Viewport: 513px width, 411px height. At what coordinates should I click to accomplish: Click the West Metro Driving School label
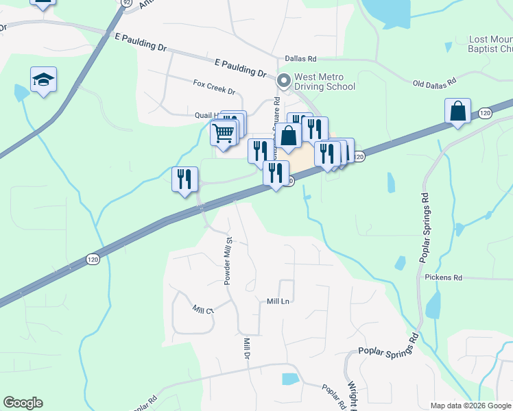tap(324, 82)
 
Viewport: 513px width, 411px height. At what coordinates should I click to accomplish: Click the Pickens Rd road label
tap(443, 277)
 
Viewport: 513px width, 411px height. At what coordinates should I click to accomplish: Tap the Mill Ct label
tap(204, 310)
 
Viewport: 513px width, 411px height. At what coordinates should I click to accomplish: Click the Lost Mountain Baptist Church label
tap(490, 45)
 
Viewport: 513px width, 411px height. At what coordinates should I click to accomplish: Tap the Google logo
tap(23, 403)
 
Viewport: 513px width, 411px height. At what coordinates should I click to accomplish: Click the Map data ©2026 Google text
tap(470, 406)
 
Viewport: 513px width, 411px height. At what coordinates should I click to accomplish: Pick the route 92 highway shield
tap(126, 3)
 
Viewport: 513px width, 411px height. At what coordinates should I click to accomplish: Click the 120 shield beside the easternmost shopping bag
tap(485, 112)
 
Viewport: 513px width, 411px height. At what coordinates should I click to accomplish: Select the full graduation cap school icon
tap(43, 80)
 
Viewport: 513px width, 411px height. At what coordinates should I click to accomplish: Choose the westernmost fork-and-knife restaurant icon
tap(184, 179)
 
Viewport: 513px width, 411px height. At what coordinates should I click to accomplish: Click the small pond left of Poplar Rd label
tap(291, 378)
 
